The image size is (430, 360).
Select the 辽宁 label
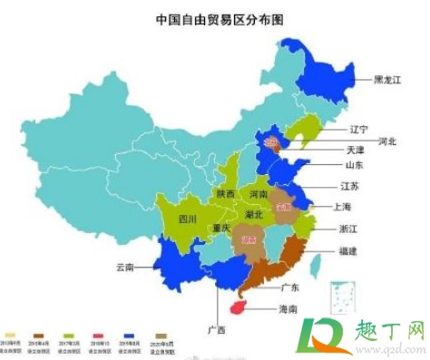tap(360, 128)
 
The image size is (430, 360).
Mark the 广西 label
tap(216, 329)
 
